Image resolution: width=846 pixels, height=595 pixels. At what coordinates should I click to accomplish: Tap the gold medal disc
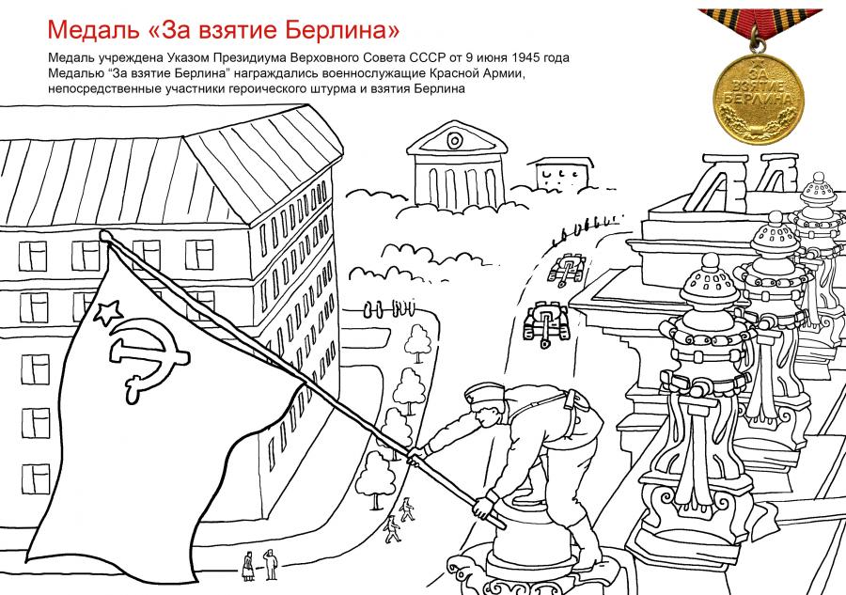coord(759,97)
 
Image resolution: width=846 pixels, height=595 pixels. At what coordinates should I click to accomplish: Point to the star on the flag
coord(108,312)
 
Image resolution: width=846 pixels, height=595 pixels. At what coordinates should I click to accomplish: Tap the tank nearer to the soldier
coord(546,322)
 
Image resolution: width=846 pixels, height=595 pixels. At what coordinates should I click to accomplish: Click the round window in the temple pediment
coord(454,141)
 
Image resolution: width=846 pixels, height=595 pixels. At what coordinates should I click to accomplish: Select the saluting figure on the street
coord(271,564)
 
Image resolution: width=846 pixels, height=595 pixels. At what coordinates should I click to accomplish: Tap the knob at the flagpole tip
coord(104,235)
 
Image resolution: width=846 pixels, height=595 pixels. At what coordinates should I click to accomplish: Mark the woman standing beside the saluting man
coord(247,565)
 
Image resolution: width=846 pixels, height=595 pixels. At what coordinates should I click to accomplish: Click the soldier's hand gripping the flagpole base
coord(483,506)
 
